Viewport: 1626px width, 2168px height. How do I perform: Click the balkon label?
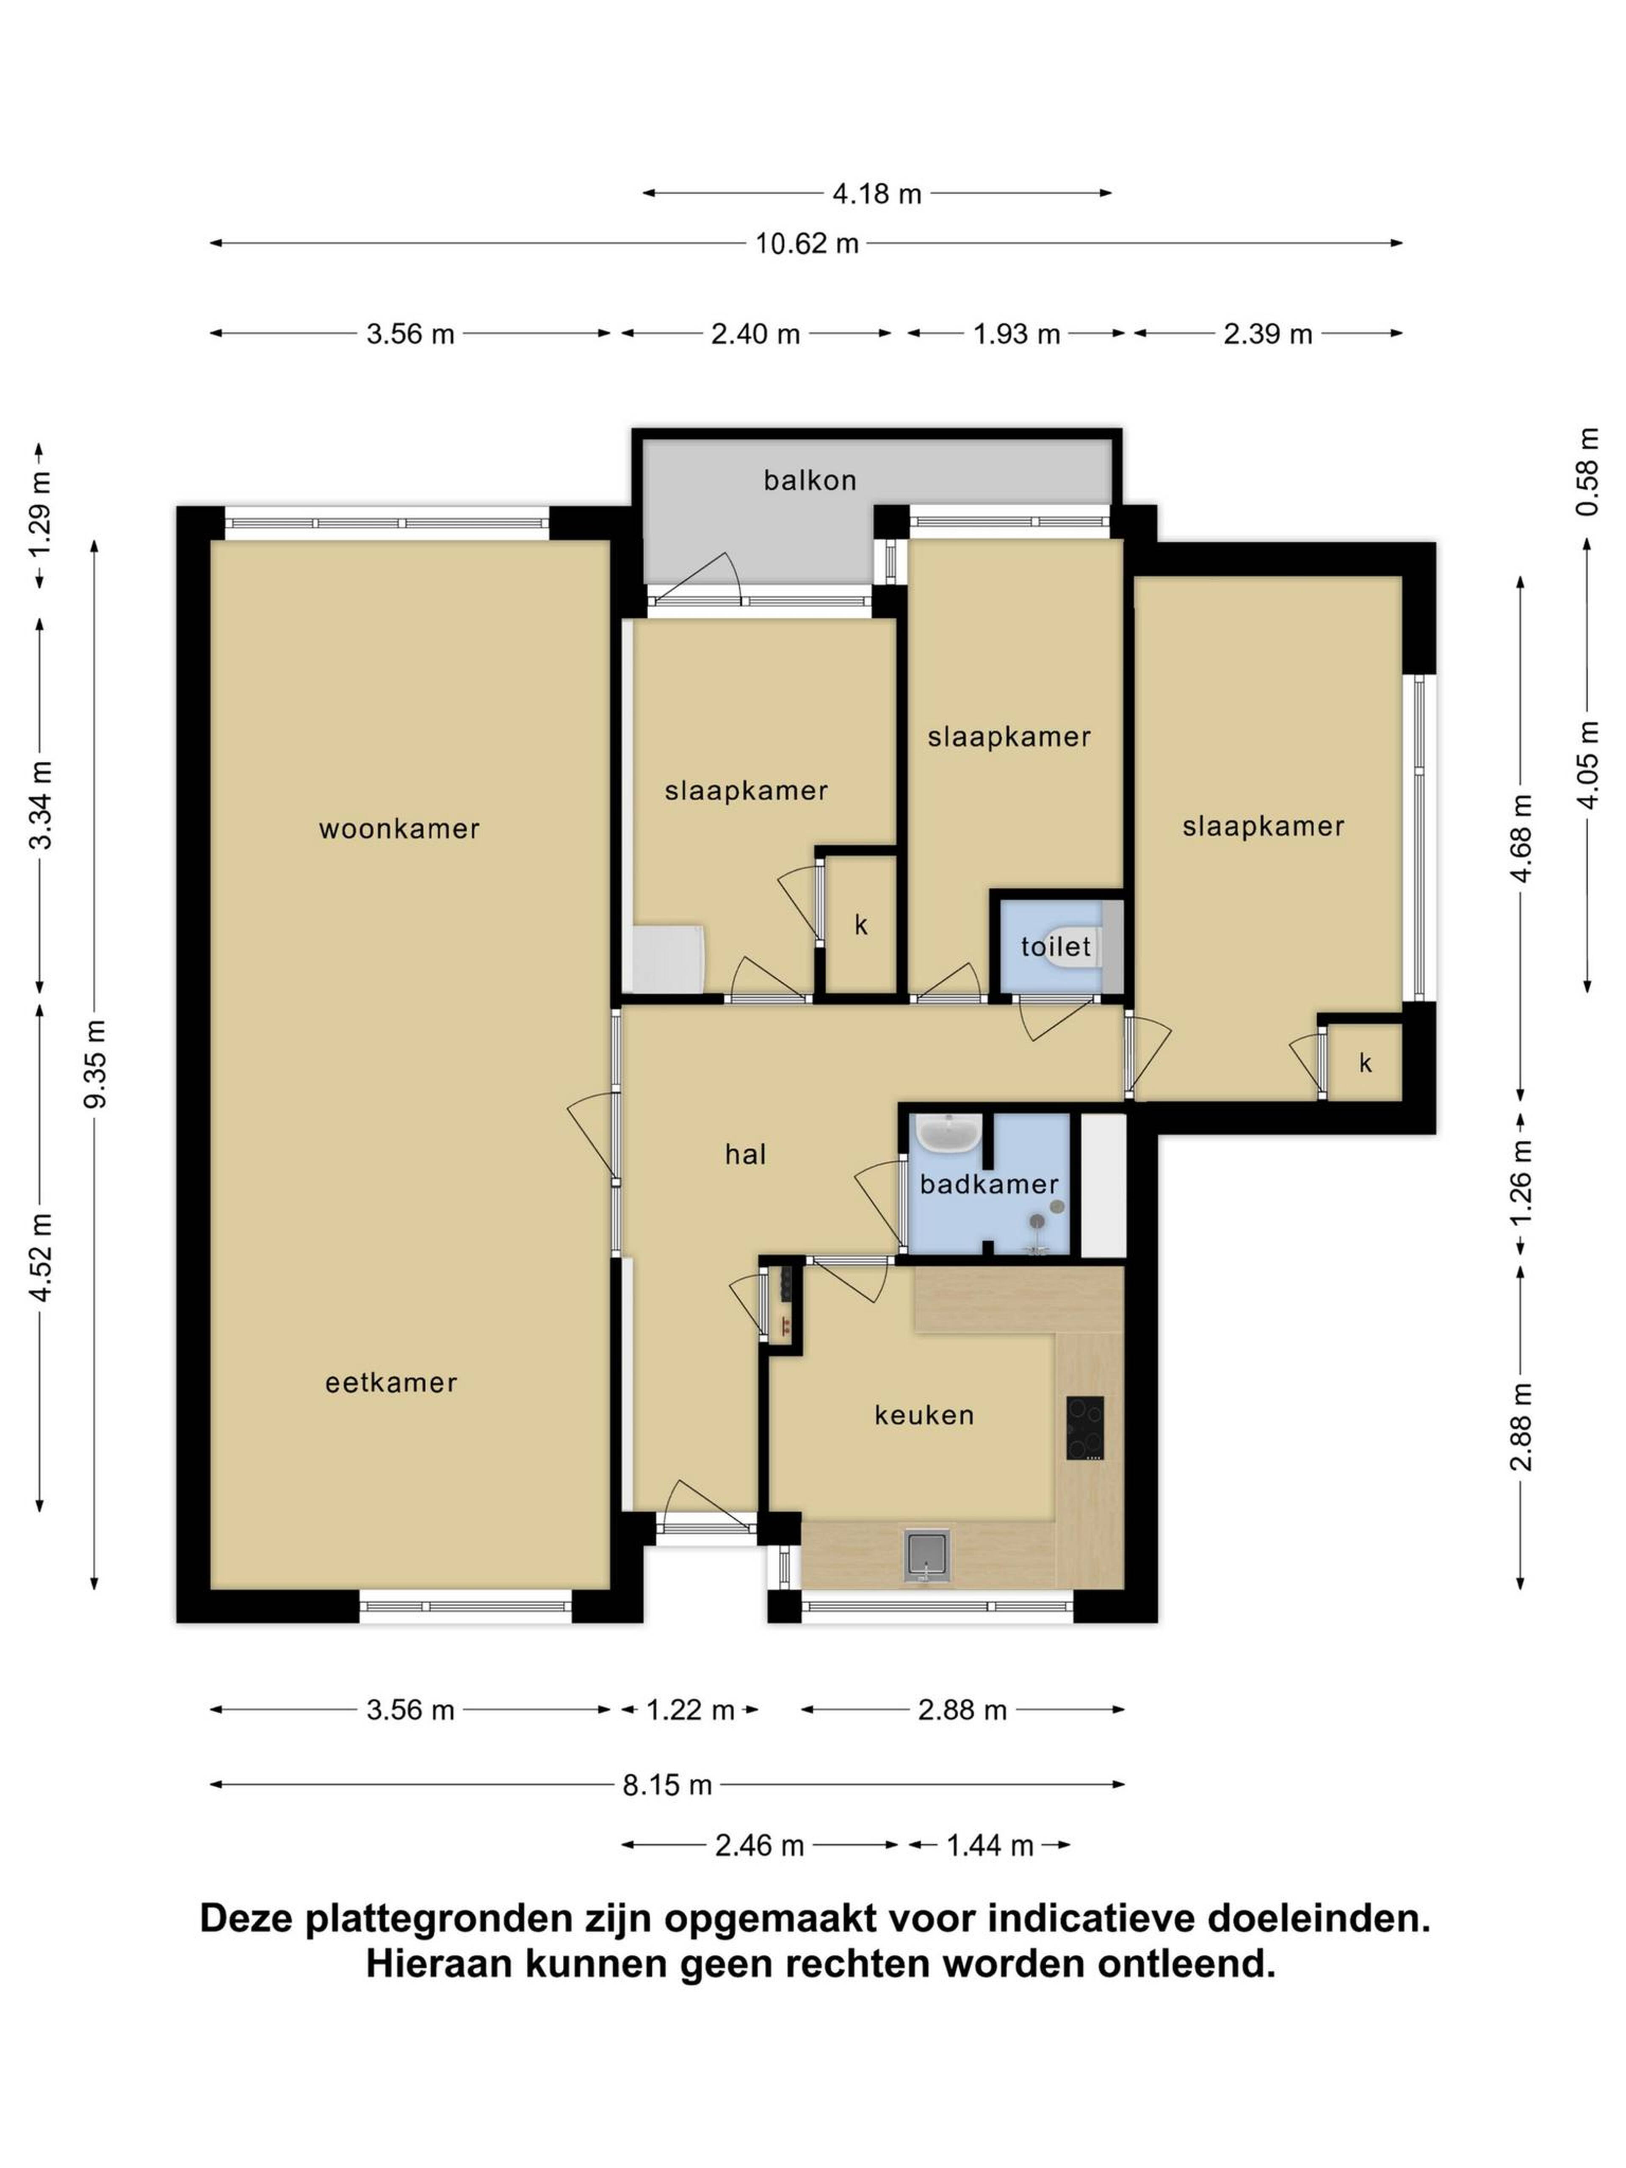(810, 480)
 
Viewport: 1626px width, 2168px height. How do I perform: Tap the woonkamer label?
(399, 829)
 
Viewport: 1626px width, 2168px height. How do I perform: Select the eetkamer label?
(391, 1383)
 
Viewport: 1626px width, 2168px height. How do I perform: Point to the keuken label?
(924, 1415)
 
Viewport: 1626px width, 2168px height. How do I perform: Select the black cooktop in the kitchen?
(1085, 1429)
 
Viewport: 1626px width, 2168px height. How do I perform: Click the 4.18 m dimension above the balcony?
(877, 194)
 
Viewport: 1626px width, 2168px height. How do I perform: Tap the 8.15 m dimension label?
(667, 1785)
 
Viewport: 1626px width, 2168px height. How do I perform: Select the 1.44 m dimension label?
(990, 1847)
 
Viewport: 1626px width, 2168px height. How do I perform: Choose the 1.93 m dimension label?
(1016, 334)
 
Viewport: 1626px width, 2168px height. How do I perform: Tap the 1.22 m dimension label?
(690, 1710)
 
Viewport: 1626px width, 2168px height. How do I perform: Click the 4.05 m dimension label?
(1588, 764)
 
